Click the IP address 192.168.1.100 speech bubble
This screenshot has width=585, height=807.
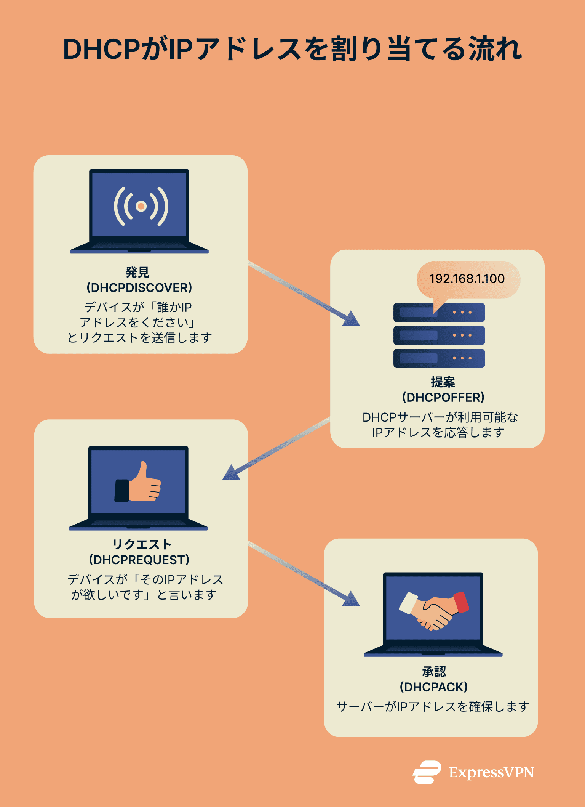coord(467,279)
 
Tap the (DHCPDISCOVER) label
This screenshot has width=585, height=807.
coord(139,288)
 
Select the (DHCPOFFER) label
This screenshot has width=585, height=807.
coord(443,398)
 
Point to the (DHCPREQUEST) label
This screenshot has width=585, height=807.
coord(139,560)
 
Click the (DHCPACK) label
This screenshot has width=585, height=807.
coord(433,687)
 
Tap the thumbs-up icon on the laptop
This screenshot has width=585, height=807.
coord(138,483)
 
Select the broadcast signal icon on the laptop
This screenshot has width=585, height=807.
coord(141,206)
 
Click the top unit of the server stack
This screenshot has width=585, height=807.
coord(439,313)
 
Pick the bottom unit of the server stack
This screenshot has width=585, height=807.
coord(439,358)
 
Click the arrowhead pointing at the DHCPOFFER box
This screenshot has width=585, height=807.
coord(352,319)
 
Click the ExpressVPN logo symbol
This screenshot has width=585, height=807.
coord(427,772)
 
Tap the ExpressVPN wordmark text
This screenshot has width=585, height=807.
coord(491,773)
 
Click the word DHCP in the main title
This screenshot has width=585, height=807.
coord(102,50)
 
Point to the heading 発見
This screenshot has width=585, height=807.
coord(137,272)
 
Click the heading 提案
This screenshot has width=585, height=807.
coord(443,382)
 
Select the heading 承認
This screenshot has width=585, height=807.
coord(434,672)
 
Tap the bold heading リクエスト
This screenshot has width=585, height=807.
coord(142,544)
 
